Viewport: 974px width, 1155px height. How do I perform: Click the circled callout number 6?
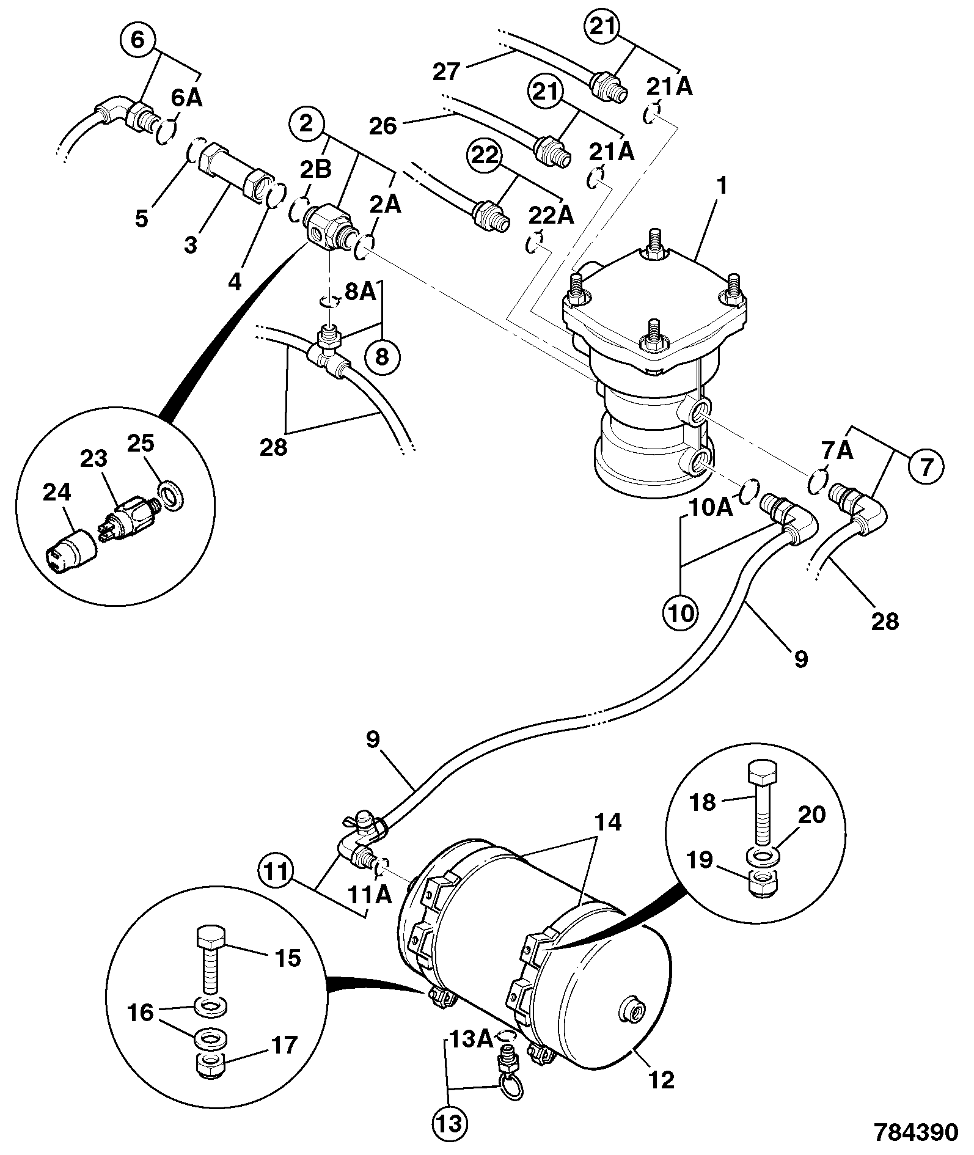[138, 41]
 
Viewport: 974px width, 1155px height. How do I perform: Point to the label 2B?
[315, 169]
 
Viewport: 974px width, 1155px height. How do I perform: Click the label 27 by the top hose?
[447, 72]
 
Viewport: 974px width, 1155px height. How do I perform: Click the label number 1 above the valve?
[722, 186]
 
